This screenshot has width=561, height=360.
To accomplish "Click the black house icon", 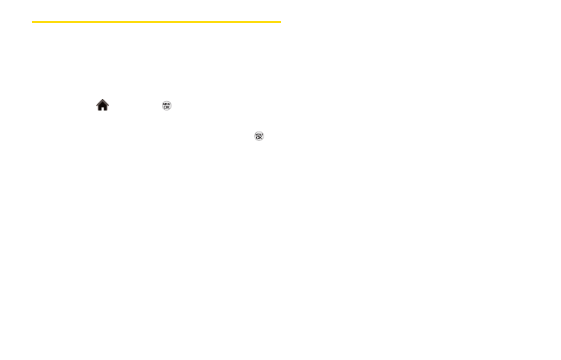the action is [102, 105].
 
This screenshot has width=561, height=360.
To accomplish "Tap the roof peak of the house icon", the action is [102, 100].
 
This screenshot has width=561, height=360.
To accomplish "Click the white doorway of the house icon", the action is [102, 108].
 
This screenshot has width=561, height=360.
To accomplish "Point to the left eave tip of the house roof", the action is [96, 105].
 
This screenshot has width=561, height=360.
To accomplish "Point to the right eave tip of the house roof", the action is [109, 105].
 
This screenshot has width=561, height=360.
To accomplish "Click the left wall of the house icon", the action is [100, 107].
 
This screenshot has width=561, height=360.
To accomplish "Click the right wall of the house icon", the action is [106, 107].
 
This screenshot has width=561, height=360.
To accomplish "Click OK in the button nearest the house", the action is [167, 106].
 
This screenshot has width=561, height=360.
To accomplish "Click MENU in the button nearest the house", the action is [167, 103].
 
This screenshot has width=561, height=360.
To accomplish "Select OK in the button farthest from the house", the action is [259, 138].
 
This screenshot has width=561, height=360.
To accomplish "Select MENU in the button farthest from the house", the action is [259, 134].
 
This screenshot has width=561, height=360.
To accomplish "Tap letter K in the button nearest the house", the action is [168, 106].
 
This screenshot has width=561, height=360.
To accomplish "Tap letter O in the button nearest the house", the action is [165, 106].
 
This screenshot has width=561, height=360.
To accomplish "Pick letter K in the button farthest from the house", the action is [260, 138].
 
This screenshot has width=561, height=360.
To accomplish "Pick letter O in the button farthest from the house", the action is [257, 138].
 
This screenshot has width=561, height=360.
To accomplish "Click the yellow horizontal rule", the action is [156, 22].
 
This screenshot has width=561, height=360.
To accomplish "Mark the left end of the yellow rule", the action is [33, 22].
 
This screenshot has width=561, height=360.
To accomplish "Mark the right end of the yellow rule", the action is [280, 22].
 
